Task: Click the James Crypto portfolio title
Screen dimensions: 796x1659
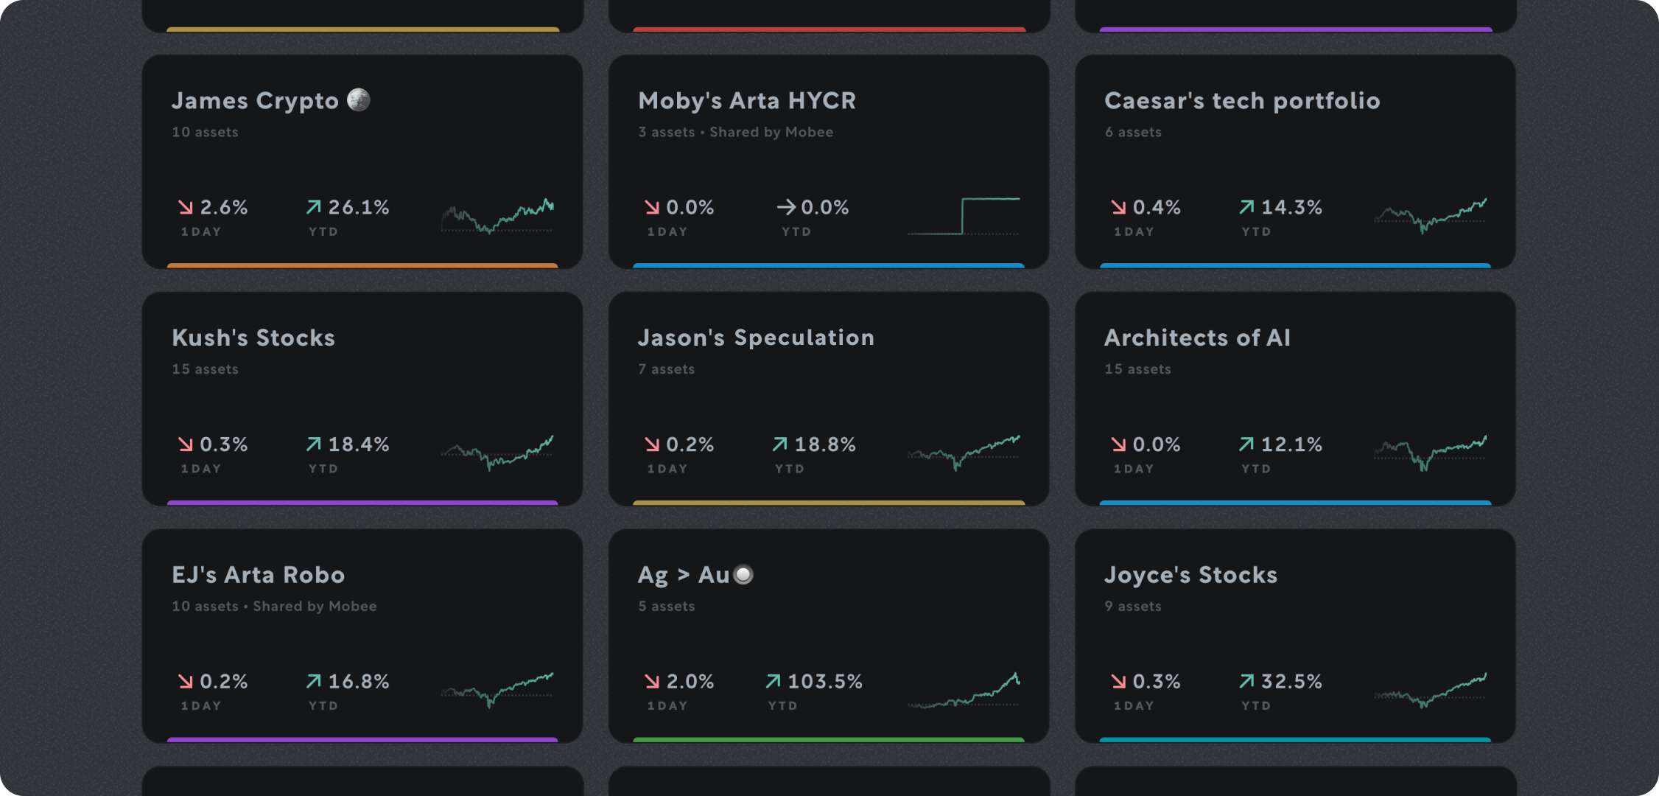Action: click(x=255, y=101)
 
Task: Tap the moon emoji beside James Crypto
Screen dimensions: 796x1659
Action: click(x=359, y=99)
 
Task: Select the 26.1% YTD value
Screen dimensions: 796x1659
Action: click(x=358, y=208)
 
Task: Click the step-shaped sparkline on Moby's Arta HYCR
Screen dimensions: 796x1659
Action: click(x=964, y=216)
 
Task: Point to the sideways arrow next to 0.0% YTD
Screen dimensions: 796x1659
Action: click(x=785, y=208)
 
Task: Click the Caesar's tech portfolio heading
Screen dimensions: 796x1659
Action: click(x=1242, y=101)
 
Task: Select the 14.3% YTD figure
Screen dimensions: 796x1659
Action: click(x=1291, y=208)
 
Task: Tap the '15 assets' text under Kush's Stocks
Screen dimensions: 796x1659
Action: click(x=205, y=369)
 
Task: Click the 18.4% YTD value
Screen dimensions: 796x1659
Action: click(x=358, y=445)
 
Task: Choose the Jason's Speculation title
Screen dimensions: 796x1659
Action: click(x=756, y=338)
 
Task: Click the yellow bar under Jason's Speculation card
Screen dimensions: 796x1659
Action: click(x=829, y=503)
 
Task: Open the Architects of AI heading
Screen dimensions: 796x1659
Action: click(x=1197, y=338)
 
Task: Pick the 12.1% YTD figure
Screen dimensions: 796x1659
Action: click(x=1291, y=445)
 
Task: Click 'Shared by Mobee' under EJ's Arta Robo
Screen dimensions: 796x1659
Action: click(x=315, y=607)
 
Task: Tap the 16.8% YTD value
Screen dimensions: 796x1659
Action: click(x=358, y=682)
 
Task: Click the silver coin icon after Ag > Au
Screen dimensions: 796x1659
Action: click(x=744, y=575)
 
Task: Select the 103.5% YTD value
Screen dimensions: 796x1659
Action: click(x=824, y=682)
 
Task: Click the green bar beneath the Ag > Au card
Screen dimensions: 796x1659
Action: click(x=829, y=739)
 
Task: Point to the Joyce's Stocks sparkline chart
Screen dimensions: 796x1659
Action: click(x=1430, y=691)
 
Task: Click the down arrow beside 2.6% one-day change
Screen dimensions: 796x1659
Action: click(x=186, y=208)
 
